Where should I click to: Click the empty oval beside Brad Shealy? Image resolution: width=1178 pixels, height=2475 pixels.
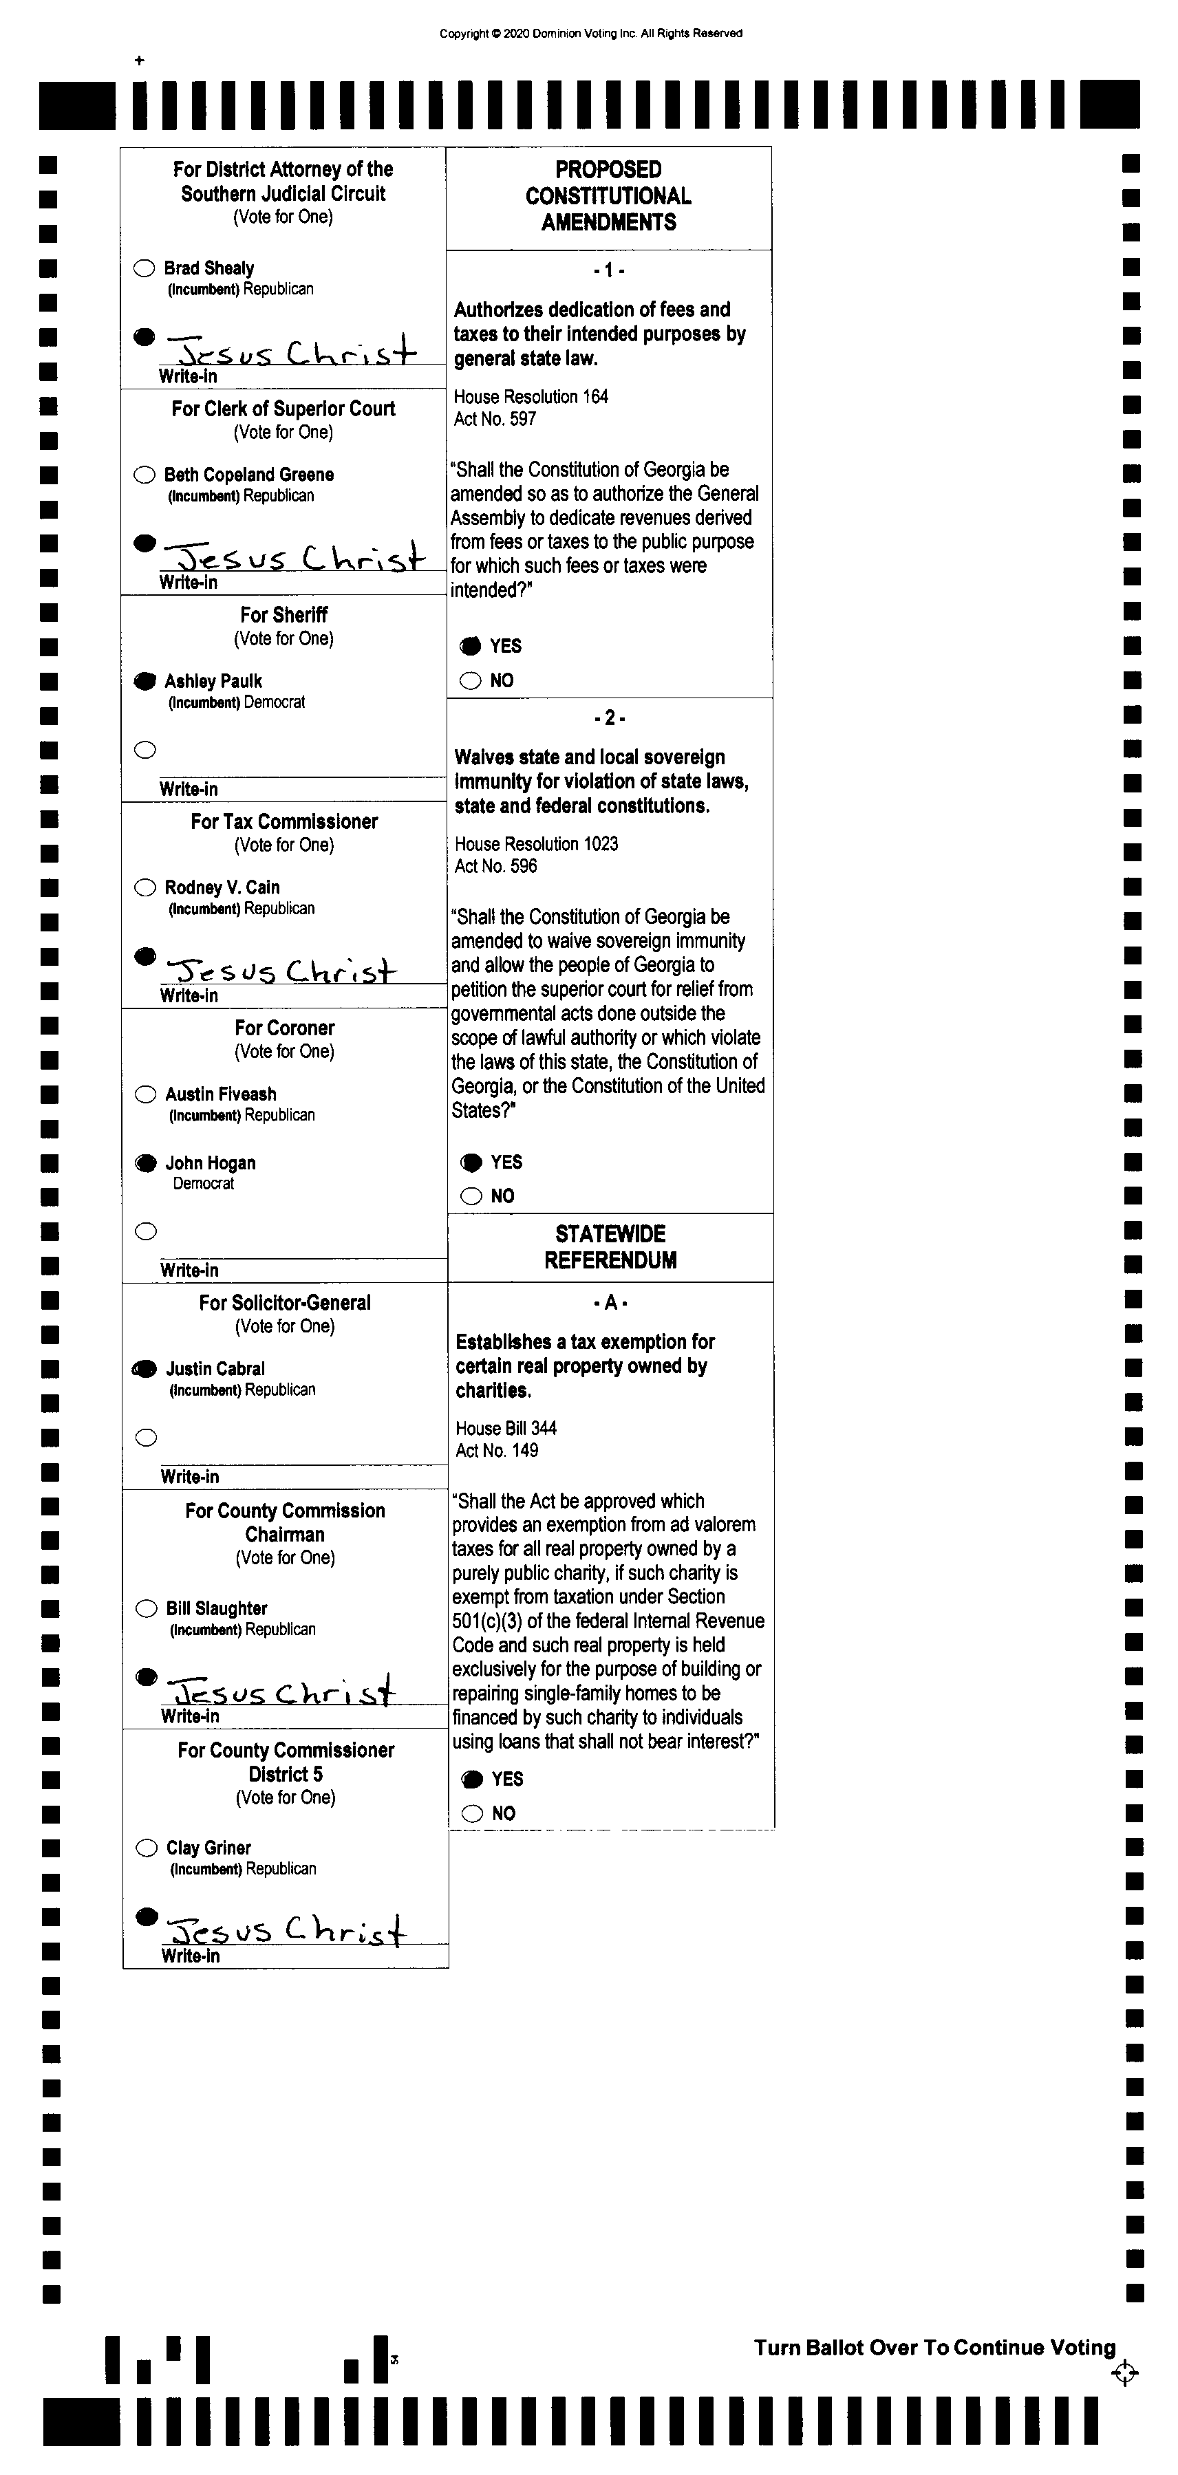pos(144,268)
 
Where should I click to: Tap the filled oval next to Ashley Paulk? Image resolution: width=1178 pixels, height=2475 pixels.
pos(144,681)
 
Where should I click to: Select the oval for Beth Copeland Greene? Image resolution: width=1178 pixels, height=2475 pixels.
pos(144,475)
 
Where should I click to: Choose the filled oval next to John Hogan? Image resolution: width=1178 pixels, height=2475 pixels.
pos(145,1163)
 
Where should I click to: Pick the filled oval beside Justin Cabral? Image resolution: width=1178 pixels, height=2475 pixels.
pos(145,1369)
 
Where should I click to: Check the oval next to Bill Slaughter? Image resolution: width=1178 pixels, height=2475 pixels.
pos(146,1608)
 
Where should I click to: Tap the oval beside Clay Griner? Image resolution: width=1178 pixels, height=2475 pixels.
pos(146,1848)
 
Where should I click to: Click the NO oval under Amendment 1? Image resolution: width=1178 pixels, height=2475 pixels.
pos(470,681)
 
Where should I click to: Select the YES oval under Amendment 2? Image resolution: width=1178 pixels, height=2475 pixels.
pos(471,1163)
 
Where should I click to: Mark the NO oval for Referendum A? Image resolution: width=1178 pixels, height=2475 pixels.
pos(472,1814)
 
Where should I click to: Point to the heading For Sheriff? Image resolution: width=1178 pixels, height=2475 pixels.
pos(283,615)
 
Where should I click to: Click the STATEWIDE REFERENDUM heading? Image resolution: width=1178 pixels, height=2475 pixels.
pos(610,1247)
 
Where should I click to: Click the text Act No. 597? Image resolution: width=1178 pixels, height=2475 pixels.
pos(495,419)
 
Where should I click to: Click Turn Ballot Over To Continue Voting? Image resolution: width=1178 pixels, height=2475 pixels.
pos(934,2347)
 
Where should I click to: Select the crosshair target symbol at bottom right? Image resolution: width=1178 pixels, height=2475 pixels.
pos(1124,2373)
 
